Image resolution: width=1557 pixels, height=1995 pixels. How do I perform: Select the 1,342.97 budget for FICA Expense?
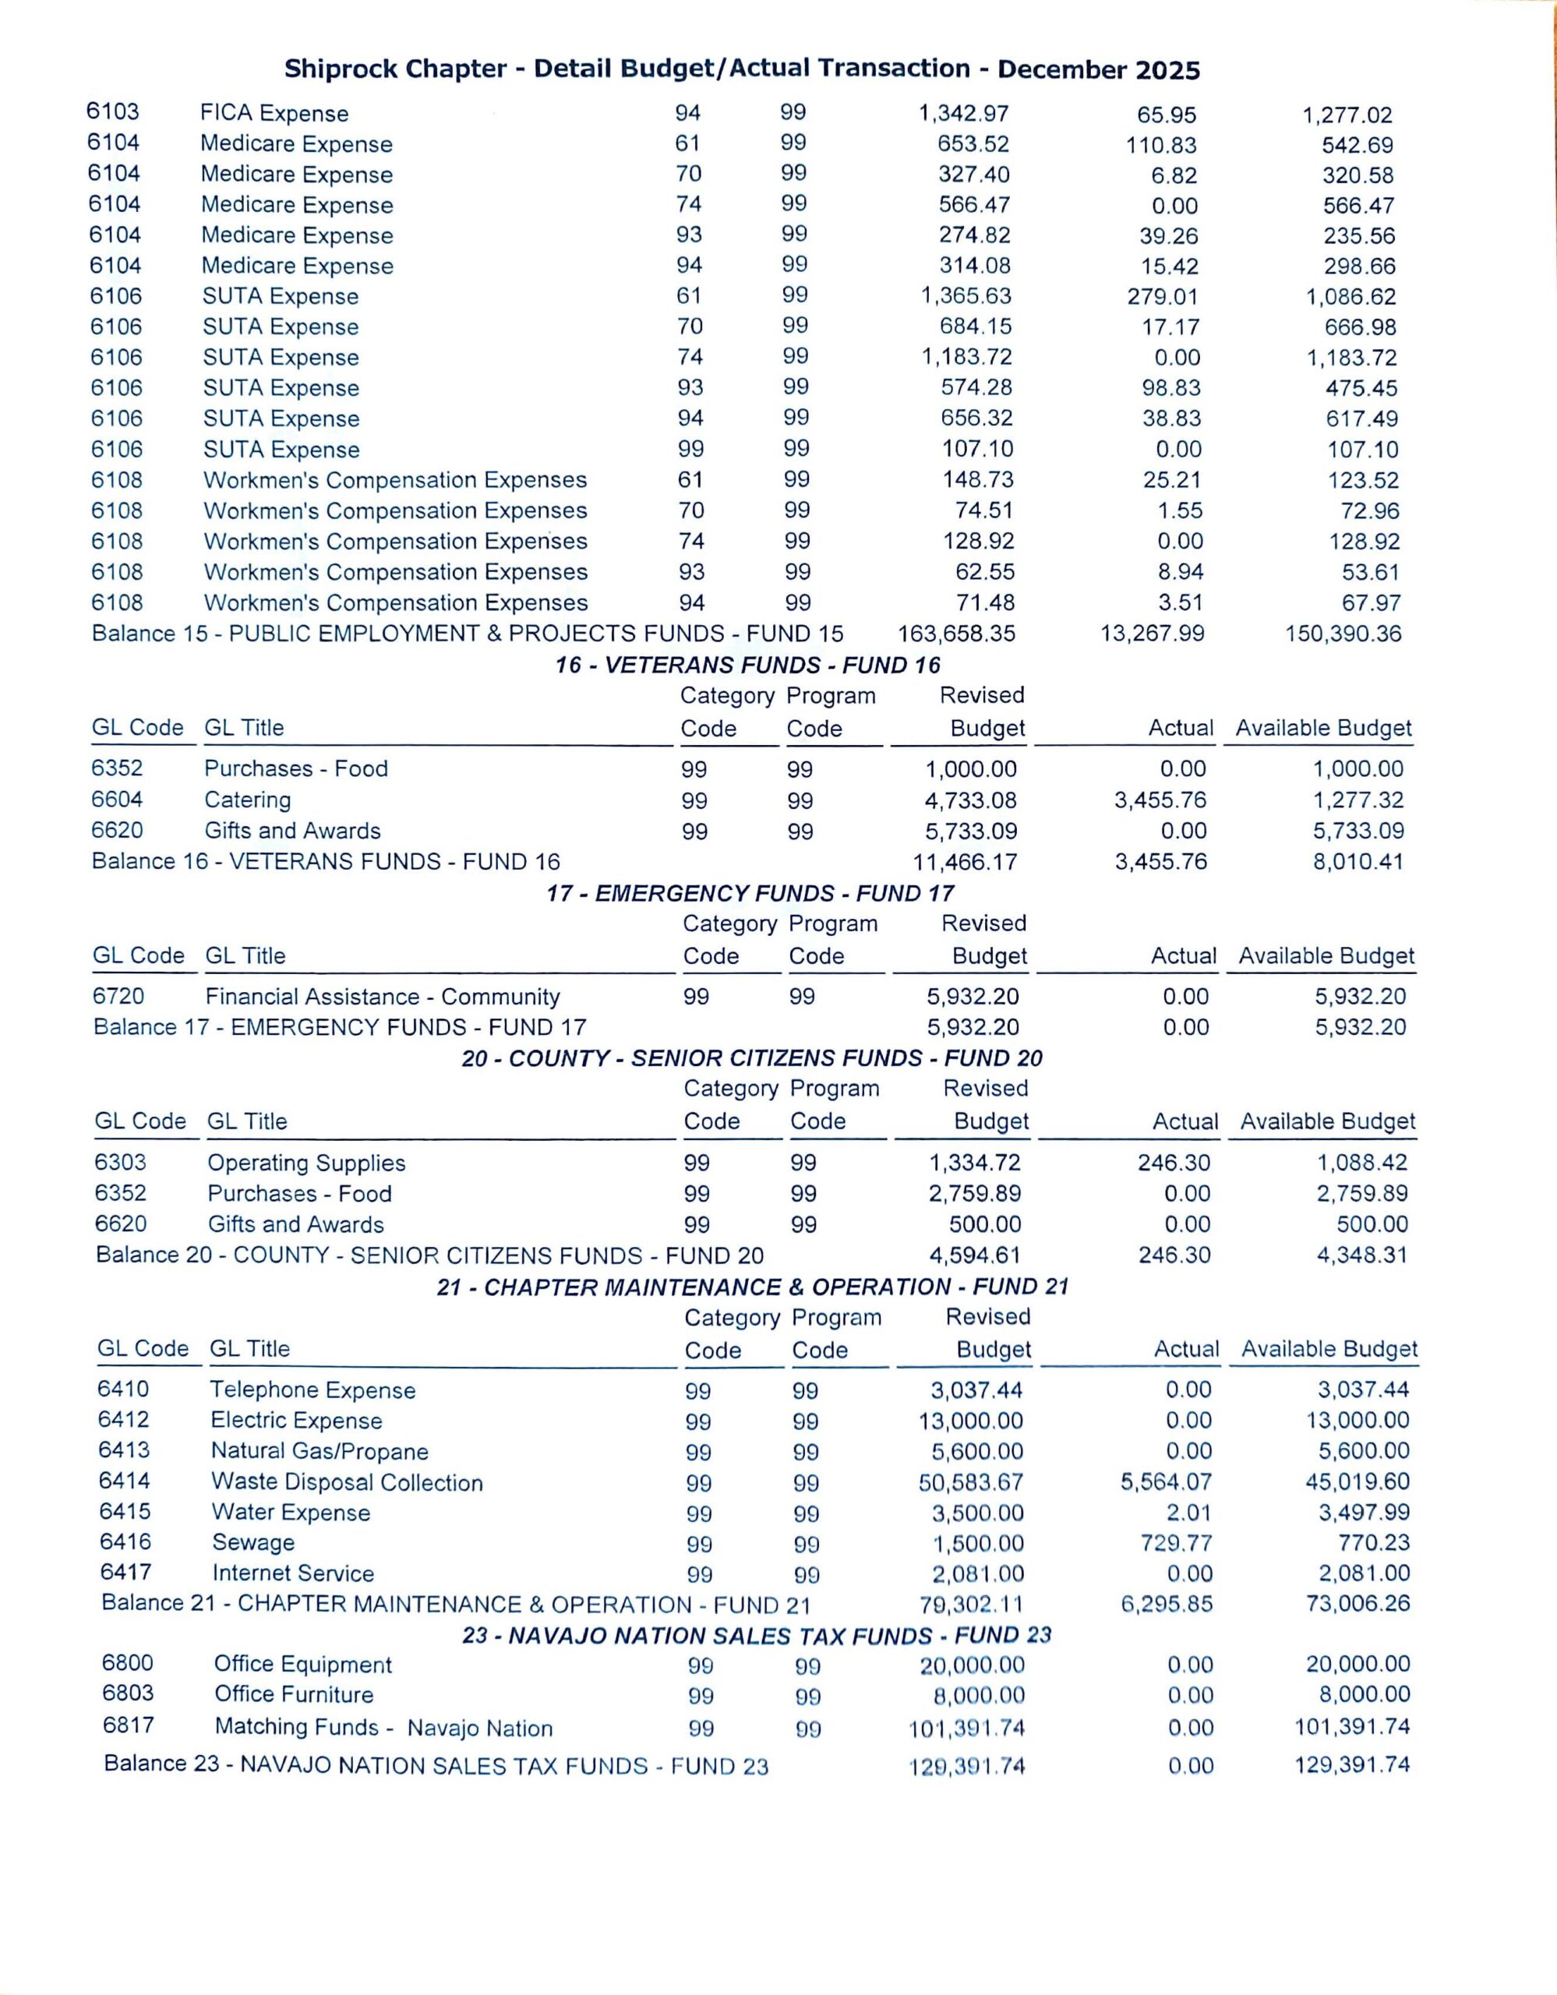[x=963, y=113]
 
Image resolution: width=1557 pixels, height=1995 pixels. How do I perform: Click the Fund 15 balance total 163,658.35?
[x=956, y=634]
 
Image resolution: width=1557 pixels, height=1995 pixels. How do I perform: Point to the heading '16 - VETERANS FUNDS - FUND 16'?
[x=748, y=665]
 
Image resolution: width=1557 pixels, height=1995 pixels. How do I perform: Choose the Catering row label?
[x=248, y=800]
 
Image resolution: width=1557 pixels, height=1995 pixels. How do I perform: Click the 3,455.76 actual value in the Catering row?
[x=1160, y=801]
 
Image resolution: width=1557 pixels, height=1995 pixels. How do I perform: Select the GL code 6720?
[x=118, y=997]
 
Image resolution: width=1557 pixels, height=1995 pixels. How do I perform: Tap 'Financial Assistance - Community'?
[x=383, y=997]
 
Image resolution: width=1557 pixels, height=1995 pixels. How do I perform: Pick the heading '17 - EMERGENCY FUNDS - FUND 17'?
[x=750, y=893]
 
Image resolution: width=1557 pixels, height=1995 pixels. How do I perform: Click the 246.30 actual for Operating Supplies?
[x=1174, y=1163]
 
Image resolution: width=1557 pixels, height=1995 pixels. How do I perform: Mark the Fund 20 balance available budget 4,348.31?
[x=1361, y=1255]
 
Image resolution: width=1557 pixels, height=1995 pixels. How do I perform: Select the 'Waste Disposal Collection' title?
[x=347, y=1482]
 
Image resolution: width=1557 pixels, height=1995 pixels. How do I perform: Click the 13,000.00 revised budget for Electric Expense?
[x=971, y=1421]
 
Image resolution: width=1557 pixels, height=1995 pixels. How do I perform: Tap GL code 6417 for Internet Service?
[x=126, y=1572]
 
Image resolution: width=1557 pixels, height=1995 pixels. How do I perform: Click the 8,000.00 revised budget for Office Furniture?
[x=979, y=1697]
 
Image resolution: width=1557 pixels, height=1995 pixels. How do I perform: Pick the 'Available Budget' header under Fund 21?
[x=1329, y=1349]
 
